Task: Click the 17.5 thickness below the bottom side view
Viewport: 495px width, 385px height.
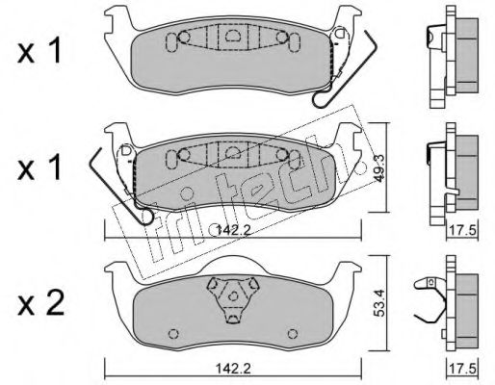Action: pyautogui.click(x=465, y=368)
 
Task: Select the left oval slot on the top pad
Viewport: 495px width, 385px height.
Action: pyautogui.click(x=173, y=40)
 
